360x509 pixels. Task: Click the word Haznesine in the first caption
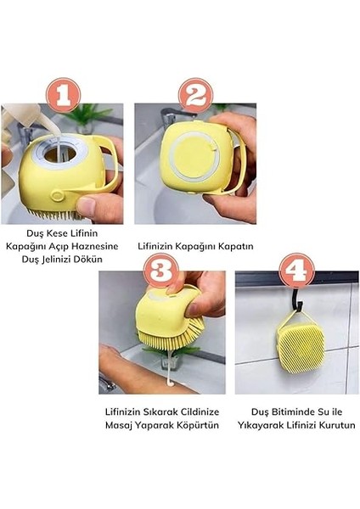92,247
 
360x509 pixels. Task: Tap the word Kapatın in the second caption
233,247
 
